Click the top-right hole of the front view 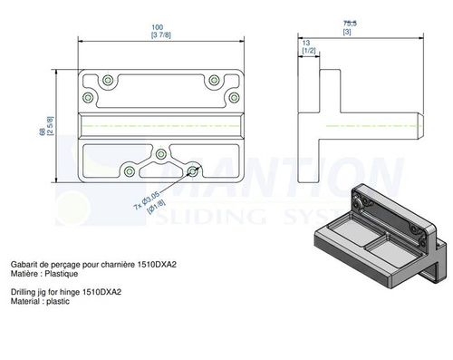click(215, 80)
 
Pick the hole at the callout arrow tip click(192, 169)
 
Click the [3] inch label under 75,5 click(347, 32)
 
